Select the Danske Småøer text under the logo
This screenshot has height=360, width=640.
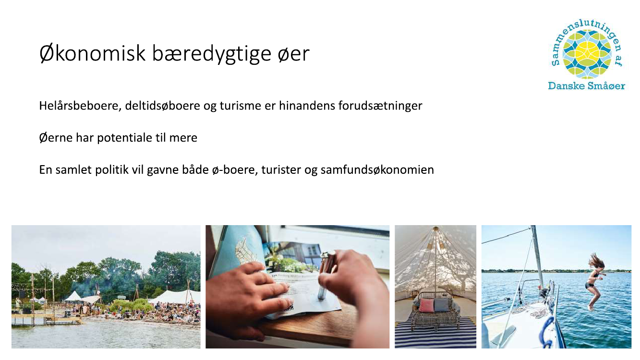586,86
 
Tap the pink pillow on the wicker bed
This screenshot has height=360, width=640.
425,305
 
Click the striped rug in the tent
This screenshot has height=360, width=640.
435,336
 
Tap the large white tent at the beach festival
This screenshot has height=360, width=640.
175,297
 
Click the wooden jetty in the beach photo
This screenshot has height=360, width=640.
46,319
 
